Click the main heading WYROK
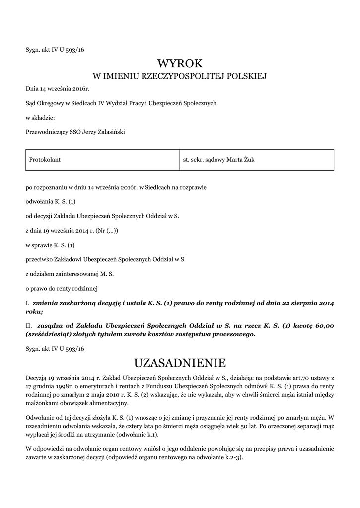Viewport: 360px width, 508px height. pos(180,63)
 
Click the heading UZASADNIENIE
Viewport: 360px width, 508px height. pos(180,362)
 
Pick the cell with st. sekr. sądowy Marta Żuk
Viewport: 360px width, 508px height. pos(218,160)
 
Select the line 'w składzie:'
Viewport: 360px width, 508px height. pos(40,118)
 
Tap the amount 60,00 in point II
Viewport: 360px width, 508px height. pos(326,325)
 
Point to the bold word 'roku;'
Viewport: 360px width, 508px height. pos(34,311)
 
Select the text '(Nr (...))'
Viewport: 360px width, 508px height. pos(107,230)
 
